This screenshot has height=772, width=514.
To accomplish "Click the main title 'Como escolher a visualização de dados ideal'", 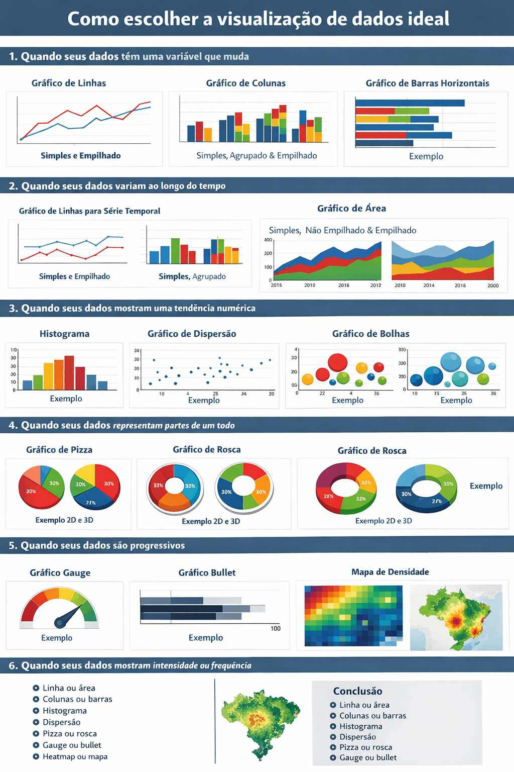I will (258, 19).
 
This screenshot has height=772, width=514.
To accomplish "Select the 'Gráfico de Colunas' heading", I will (245, 83).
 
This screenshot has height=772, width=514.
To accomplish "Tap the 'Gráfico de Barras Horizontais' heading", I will (427, 83).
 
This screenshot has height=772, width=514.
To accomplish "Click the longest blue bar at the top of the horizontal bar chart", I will (410, 103).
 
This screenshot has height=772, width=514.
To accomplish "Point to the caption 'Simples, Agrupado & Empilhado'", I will (256, 155).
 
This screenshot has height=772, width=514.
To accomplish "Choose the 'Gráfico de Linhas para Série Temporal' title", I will (89, 211).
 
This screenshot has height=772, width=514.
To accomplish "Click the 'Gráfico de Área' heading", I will (351, 208).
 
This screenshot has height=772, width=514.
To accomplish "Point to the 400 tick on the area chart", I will (268, 240).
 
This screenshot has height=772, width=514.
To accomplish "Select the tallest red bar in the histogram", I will (69, 372).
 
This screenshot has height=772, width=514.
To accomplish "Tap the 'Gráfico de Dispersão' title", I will (192, 334).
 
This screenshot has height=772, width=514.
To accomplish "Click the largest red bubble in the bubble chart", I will (338, 362).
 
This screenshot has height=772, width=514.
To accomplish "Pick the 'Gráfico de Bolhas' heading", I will (370, 334).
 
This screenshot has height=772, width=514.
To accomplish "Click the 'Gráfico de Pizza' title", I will (59, 450).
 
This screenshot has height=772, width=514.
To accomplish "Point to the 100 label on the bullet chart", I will (276, 628).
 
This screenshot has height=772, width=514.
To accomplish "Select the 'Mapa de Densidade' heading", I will (390, 572).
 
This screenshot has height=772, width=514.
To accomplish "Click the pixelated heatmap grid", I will (353, 615).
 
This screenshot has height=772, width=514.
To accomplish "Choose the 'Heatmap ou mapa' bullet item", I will (75, 756).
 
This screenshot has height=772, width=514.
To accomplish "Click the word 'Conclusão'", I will (357, 691).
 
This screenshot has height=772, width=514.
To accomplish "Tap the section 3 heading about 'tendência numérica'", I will (133, 308).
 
